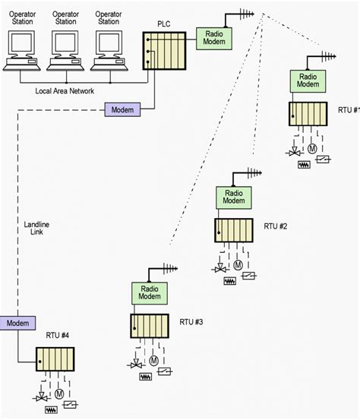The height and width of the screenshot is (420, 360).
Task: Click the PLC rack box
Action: pyautogui.click(x=164, y=52)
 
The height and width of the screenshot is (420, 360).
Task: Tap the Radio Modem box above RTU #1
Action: pyautogui.click(x=308, y=81)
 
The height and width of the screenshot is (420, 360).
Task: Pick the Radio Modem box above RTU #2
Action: pyautogui.click(x=233, y=198)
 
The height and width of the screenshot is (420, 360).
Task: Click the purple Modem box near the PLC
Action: pyautogui.click(x=122, y=111)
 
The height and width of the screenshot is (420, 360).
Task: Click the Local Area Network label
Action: pyautogui.click(x=65, y=91)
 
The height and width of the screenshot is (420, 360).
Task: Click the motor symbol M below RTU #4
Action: pyautogui.click(x=58, y=394)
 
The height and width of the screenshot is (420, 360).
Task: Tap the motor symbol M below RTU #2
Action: pyautogui.click(x=238, y=264)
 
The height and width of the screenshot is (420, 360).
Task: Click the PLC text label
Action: pyautogui.click(x=163, y=24)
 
